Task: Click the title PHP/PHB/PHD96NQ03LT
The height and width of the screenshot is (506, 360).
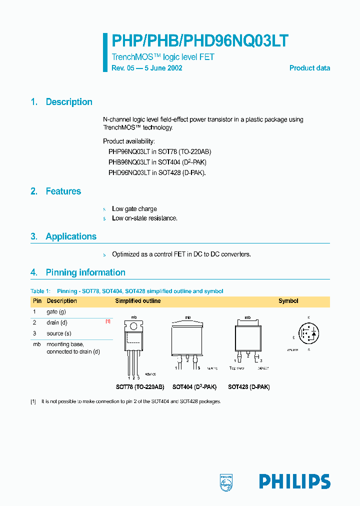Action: click(x=199, y=40)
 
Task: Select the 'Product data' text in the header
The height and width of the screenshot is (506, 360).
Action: click(x=309, y=68)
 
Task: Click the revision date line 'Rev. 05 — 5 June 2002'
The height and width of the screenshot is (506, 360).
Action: click(x=146, y=68)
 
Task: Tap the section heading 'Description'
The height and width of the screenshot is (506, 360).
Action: click(x=69, y=102)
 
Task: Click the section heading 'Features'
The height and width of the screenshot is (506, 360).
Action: click(x=63, y=191)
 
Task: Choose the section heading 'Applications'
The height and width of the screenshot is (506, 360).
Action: click(x=71, y=236)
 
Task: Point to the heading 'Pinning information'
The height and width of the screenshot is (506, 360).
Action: click(x=85, y=272)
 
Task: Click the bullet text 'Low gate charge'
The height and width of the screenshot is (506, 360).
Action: click(x=134, y=209)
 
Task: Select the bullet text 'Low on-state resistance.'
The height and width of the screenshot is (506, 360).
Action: click(x=144, y=218)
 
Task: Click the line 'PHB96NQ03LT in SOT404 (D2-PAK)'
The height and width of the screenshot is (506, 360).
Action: click(x=157, y=162)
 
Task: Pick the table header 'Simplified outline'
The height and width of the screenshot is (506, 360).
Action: click(x=138, y=301)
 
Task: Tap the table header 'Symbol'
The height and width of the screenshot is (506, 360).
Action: click(x=288, y=301)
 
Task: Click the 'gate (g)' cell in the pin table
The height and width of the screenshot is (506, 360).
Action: click(x=56, y=311)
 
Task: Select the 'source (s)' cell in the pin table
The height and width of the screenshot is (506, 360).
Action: click(x=59, y=333)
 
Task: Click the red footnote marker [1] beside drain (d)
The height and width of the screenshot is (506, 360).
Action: click(x=107, y=322)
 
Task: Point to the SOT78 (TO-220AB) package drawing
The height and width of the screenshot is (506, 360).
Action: click(x=133, y=345)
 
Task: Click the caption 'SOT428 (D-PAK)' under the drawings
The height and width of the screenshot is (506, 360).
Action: click(x=248, y=387)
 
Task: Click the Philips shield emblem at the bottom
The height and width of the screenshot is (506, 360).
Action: click(x=226, y=482)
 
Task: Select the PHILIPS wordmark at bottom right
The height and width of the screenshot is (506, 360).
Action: click(x=294, y=481)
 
